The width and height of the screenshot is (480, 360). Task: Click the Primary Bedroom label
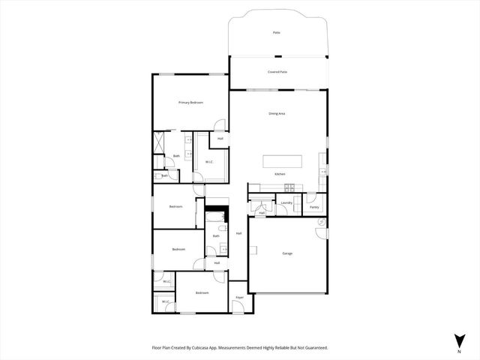(190, 102)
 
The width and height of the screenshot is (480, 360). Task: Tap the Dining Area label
(277, 113)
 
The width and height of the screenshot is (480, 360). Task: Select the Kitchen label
(279, 174)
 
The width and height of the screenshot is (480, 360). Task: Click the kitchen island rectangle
(283, 161)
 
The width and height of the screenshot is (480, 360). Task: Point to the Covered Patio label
(277, 72)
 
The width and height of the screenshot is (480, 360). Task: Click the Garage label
(287, 253)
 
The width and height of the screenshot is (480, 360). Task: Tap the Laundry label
(286, 202)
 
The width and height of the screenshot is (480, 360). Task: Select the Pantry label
(313, 207)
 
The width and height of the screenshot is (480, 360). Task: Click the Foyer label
(240, 298)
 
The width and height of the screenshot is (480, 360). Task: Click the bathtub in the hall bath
(216, 220)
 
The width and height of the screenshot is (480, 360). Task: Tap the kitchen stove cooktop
(289, 187)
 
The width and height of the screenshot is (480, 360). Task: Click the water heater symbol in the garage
(320, 223)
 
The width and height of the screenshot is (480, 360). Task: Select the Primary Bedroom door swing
(217, 127)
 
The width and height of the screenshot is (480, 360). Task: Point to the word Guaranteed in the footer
(315, 348)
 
